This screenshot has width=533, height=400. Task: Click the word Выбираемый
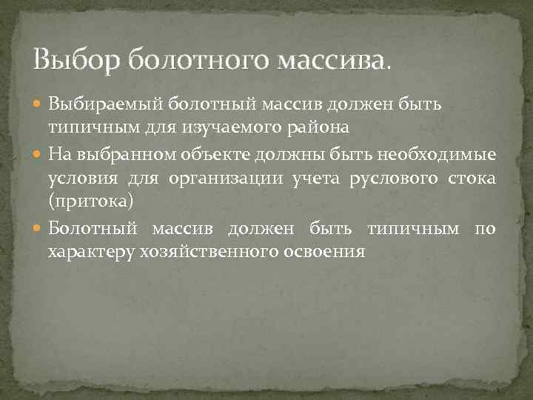pyautogui.click(x=106, y=104)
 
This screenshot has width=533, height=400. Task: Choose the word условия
pyautogui.click(x=79, y=179)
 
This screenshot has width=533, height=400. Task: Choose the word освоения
pyautogui.click(x=324, y=252)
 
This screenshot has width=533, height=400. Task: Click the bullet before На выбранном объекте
pyautogui.click(x=38, y=155)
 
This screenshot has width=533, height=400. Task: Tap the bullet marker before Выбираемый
pyautogui.click(x=38, y=104)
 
